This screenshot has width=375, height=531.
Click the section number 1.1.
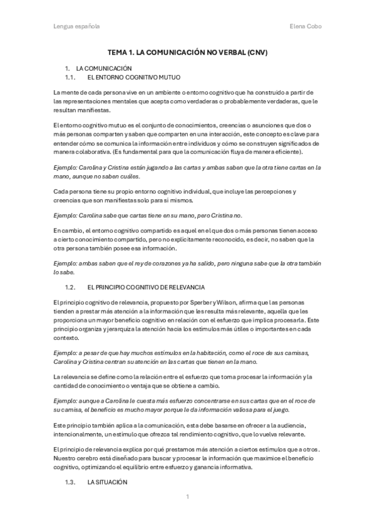(x=70, y=77)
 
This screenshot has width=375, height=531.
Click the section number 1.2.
(x=70, y=287)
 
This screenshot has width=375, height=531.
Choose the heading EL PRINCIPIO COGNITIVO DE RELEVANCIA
(x=146, y=287)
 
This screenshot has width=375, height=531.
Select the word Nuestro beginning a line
(x=66, y=458)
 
